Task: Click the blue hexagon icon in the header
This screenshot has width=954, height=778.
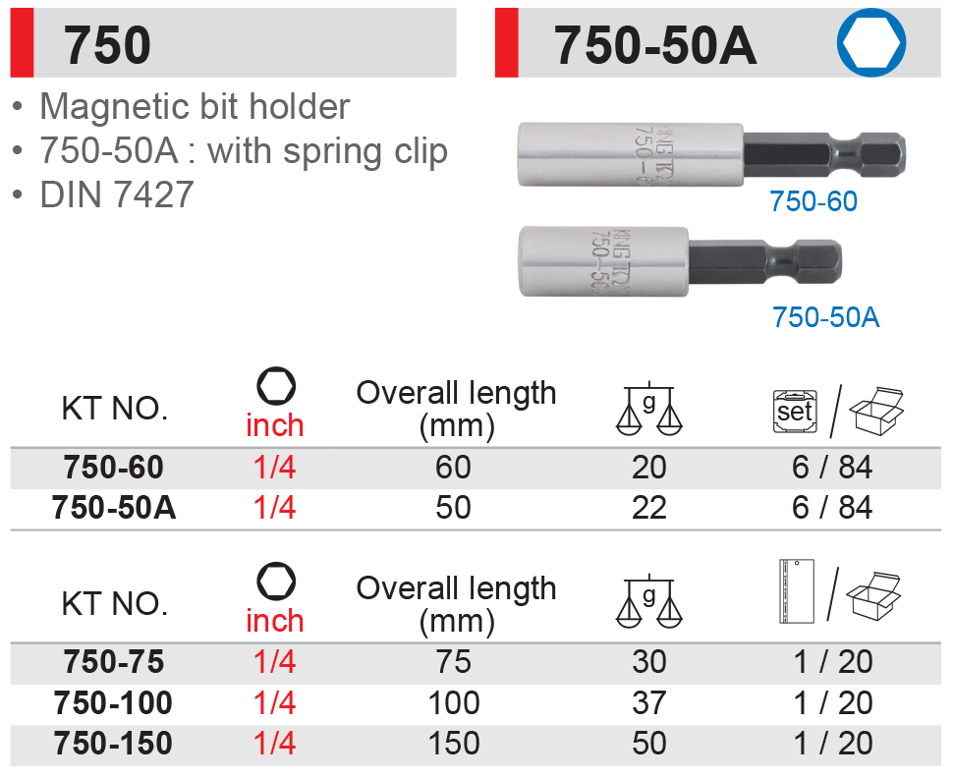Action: click(x=870, y=42)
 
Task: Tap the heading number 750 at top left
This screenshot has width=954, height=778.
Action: click(x=107, y=45)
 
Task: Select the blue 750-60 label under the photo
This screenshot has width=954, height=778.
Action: click(x=814, y=201)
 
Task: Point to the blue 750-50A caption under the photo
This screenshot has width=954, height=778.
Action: click(x=825, y=317)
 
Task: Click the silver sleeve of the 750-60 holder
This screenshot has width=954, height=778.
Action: click(x=631, y=154)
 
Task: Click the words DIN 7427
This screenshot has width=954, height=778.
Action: click(x=117, y=194)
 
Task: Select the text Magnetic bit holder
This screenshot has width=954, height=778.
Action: click(x=195, y=107)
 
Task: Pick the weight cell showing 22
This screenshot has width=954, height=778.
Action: click(x=649, y=508)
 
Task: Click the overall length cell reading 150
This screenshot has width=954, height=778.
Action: click(x=454, y=744)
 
